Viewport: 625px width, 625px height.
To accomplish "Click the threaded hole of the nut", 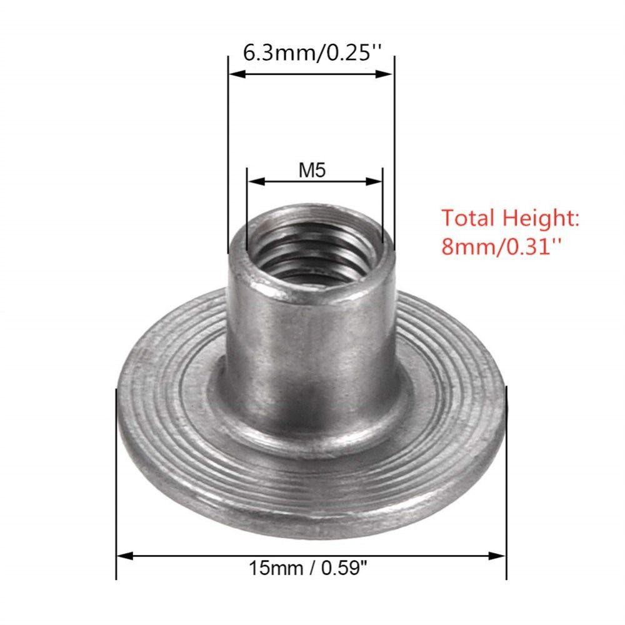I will point(312,247).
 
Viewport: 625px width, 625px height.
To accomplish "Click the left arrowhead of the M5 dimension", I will point(253,181).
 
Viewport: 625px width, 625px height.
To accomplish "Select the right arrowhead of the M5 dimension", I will point(376,181).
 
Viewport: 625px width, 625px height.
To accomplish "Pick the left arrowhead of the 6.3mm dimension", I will point(233,74).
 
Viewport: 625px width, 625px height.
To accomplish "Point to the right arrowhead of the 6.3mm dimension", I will point(388,74).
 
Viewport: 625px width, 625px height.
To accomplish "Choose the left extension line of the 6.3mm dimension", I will point(227,156).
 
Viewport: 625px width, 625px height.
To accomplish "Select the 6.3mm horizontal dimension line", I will point(311,74).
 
